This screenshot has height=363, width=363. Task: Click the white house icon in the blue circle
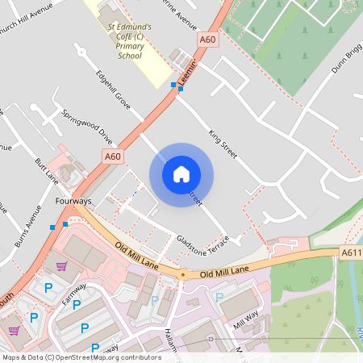181,174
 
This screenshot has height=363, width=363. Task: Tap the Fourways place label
73,200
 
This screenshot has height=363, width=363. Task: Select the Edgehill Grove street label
113,90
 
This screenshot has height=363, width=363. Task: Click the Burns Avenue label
28,228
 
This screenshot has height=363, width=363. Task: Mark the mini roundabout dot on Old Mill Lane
183,274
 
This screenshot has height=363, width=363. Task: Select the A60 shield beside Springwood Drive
112,156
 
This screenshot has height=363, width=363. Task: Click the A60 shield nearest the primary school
207,39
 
